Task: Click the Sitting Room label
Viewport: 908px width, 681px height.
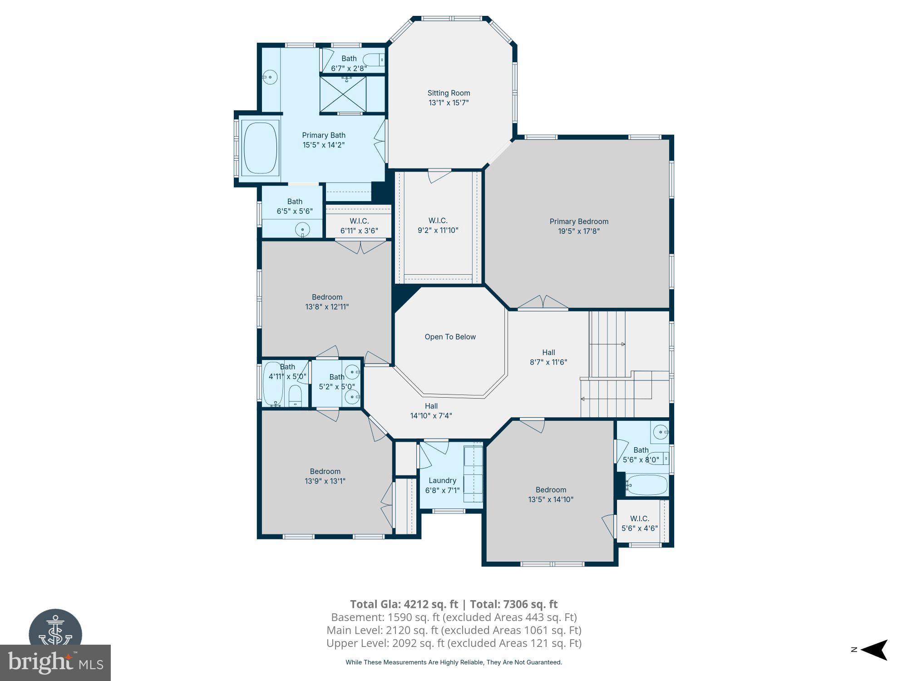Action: click(449, 93)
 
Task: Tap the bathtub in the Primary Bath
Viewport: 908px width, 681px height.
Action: click(260, 148)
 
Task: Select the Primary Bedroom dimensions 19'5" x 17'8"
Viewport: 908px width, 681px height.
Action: click(579, 231)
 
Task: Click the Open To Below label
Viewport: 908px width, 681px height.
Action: click(450, 337)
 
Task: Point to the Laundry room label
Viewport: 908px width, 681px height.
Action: click(442, 480)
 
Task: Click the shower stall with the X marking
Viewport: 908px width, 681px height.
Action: click(343, 94)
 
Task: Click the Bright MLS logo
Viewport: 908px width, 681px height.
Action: click(55, 662)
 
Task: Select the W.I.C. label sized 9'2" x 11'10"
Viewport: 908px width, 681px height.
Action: click(438, 221)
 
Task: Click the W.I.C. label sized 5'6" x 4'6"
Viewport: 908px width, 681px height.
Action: click(639, 518)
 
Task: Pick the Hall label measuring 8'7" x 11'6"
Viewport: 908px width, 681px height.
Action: click(548, 352)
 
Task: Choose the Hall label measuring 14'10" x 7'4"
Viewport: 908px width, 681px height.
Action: click(431, 406)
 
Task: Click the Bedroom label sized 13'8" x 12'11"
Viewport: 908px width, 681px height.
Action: click(327, 297)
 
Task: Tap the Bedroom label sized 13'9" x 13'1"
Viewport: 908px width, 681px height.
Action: click(325, 471)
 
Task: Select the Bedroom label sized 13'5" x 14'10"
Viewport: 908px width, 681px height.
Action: click(551, 489)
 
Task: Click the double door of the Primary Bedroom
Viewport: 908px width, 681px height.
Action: click(543, 303)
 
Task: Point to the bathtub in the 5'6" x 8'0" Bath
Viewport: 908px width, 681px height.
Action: click(646, 485)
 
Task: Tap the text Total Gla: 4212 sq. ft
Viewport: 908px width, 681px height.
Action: click(404, 604)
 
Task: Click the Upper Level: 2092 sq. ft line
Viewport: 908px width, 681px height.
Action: click(454, 643)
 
